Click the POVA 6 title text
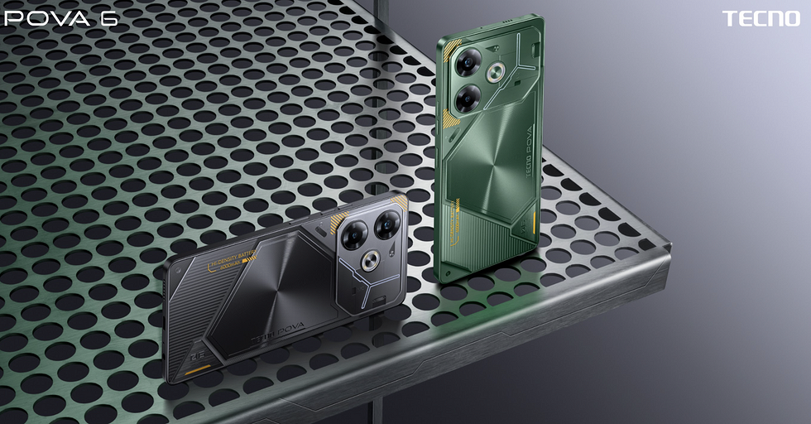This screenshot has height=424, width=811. click(x=59, y=18)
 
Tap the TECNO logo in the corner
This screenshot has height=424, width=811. click(x=761, y=18)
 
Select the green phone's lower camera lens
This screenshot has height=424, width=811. click(x=466, y=98)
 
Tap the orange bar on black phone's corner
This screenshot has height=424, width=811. click(x=196, y=370)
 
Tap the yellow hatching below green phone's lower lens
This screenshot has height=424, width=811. click(x=451, y=120)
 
